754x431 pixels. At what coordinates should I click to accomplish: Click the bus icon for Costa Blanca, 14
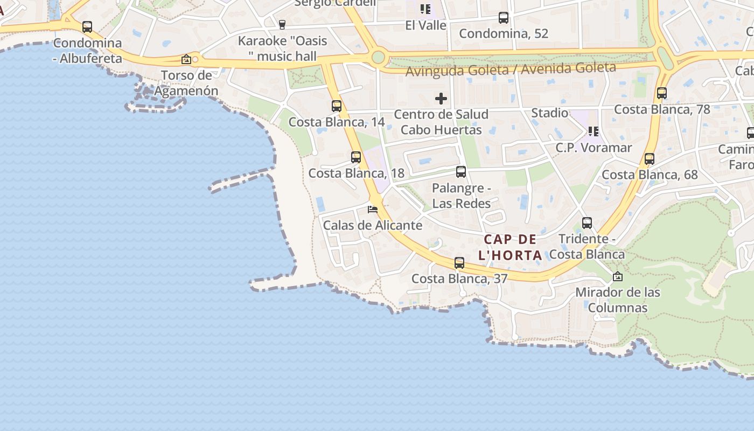coord(337,106)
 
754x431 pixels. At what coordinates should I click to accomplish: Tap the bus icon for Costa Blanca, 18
coord(356,157)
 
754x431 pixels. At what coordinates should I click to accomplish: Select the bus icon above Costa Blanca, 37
coord(459,263)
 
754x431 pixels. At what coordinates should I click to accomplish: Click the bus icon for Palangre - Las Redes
coord(461,172)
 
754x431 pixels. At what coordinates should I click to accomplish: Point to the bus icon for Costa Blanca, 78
coord(662,93)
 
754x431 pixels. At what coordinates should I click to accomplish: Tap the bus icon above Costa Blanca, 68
coord(650,159)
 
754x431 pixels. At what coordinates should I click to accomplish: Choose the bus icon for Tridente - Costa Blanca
coord(587,223)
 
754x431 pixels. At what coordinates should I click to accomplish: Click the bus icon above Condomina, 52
coord(504,18)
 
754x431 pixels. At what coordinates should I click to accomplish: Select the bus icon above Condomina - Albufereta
coord(87,27)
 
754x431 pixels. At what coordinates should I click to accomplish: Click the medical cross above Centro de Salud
coord(441,99)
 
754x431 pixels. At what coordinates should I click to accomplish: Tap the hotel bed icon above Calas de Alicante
coord(373,209)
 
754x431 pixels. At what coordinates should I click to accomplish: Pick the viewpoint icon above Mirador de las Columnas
coord(618,277)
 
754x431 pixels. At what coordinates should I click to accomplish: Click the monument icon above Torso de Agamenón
coord(186,59)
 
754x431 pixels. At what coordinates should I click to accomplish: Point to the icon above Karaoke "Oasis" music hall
coord(282,24)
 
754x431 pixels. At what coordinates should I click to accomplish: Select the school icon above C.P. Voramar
coord(594,131)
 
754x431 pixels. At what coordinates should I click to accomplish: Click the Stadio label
coord(549,113)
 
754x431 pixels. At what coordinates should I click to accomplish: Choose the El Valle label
coord(425,25)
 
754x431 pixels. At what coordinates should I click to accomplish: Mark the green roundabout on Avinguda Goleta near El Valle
coord(379,57)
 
